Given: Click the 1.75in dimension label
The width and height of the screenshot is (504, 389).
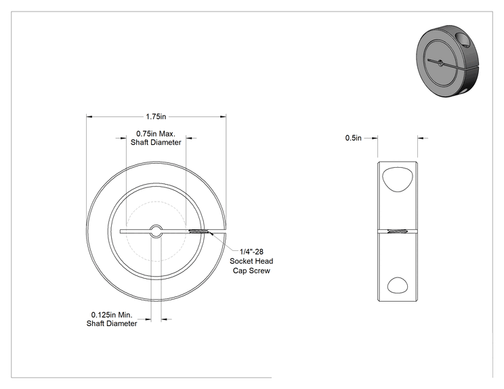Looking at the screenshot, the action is click(156, 116).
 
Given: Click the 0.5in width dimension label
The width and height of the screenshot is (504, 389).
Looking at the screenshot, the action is click(353, 138).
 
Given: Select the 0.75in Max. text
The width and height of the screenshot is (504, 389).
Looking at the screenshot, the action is click(156, 133).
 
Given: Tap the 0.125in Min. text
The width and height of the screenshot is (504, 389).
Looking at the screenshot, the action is click(112, 315).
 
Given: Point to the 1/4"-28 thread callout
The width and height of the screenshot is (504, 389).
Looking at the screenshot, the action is click(251, 252).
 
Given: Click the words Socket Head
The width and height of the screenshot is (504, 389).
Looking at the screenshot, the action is click(251, 261).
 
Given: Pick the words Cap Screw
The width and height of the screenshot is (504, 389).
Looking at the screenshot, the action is click(251, 271).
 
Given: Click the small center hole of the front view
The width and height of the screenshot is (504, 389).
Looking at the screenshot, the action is click(156, 231).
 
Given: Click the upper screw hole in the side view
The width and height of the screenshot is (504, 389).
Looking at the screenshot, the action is click(397, 179).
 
